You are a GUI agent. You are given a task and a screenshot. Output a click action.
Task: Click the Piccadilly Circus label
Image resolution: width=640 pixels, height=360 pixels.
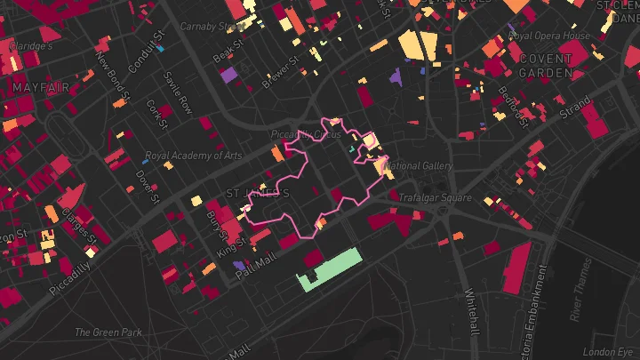pyautogui.click(x=306, y=134)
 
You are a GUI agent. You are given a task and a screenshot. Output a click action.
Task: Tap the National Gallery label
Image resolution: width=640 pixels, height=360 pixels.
pyautogui.click(x=421, y=166)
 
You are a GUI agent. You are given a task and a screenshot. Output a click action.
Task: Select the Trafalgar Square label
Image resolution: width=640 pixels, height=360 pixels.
pyautogui.click(x=435, y=198)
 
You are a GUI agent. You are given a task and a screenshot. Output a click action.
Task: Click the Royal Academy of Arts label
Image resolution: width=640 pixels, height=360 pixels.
pyautogui.click(x=193, y=156)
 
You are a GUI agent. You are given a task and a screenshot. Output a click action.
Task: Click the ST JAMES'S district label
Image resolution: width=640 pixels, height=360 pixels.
pyautogui.click(x=258, y=193)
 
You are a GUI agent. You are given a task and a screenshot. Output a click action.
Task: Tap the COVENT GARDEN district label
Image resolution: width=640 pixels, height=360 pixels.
pyautogui.click(x=546, y=67)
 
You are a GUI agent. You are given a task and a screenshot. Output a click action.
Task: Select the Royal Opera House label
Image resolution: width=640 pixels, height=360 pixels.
pyautogui.click(x=548, y=36)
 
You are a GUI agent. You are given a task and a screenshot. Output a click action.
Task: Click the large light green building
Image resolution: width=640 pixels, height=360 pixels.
pyautogui.click(x=330, y=269)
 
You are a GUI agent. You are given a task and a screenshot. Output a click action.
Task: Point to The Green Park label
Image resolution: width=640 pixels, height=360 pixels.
pyautogui.click(x=108, y=332)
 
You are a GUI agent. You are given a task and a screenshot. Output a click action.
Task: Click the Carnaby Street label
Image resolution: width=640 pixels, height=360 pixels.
pyautogui.click(x=213, y=27)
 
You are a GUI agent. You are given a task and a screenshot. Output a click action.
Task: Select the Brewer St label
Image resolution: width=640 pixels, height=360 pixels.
pyautogui.click(x=281, y=72)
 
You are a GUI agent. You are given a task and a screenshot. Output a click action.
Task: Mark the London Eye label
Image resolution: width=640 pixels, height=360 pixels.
pyautogui.click(x=613, y=351)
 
